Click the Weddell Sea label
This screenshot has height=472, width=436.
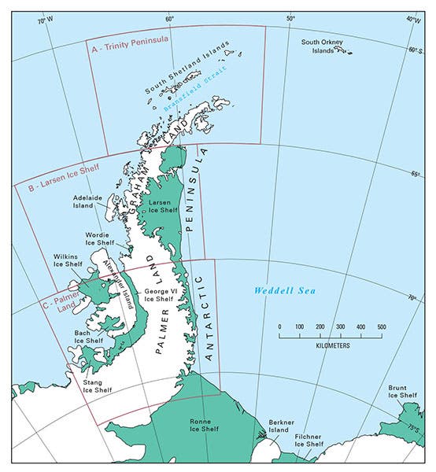[284, 291]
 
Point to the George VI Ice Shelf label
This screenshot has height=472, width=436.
[158, 295]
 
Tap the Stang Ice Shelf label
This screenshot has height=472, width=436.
[98, 385]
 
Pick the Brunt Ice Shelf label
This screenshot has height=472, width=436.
[402, 392]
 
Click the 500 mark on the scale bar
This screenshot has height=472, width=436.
[381, 326]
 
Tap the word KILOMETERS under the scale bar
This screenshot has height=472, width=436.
[330, 345]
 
